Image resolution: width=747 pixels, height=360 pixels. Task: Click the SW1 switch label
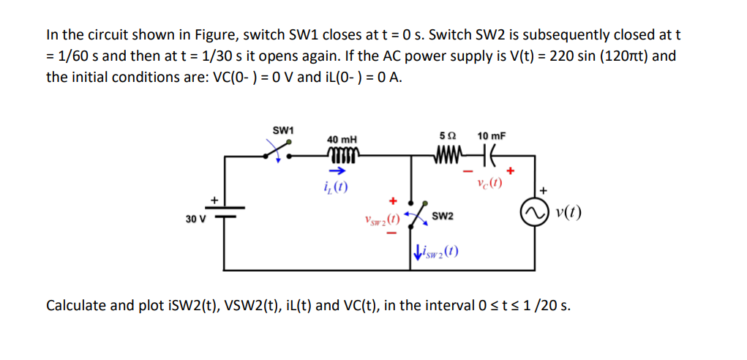tap(282, 130)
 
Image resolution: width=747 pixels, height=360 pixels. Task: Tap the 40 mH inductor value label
tap(342, 139)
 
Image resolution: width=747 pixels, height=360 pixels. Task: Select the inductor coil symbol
tap(341, 154)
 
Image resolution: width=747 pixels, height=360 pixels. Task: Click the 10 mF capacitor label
tap(491, 135)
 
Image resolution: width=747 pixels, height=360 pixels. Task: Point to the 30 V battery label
tap(195, 217)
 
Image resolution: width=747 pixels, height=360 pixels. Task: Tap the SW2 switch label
tap(443, 217)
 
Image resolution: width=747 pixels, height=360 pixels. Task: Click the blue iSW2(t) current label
tap(436, 253)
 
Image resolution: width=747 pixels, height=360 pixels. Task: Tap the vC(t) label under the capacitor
tap(487, 182)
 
